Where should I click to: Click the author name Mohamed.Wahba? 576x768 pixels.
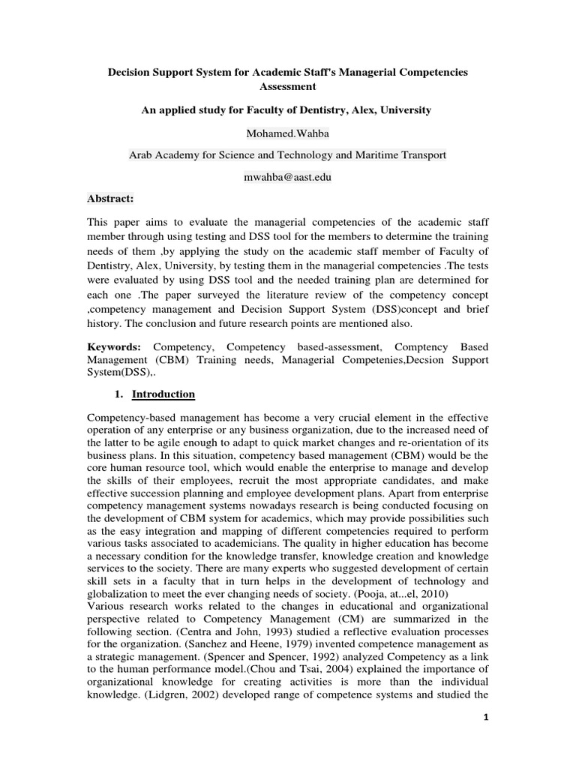[287, 133]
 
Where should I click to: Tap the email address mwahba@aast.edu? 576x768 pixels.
[287, 177]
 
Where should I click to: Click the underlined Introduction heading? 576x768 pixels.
[163, 394]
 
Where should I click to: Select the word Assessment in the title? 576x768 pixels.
[287, 87]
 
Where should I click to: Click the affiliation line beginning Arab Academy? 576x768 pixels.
[287, 155]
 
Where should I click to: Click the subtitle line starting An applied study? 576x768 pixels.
[287, 109]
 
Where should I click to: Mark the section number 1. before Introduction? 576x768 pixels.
[118, 394]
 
